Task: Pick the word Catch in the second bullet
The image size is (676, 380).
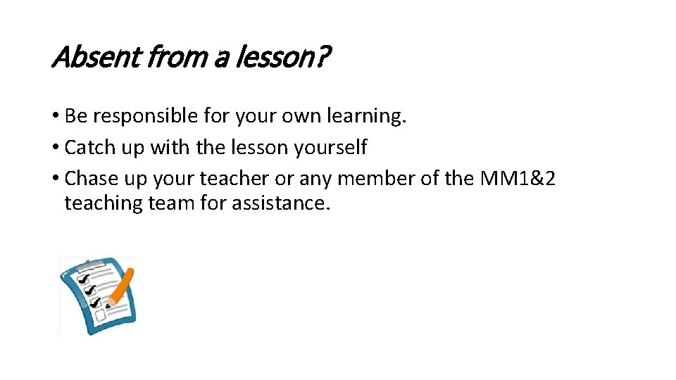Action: [86, 147]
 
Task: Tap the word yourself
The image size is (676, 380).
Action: [330, 147]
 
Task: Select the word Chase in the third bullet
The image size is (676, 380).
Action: [87, 179]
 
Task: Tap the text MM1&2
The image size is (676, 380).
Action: [518, 179]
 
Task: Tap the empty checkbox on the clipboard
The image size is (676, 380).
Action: [100, 317]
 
